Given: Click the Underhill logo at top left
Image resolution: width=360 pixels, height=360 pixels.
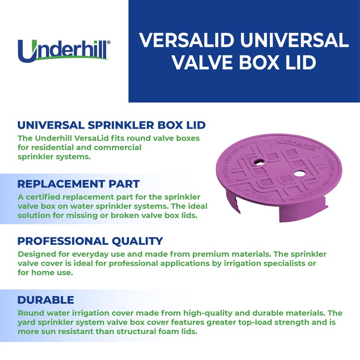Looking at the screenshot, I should click(x=63, y=50).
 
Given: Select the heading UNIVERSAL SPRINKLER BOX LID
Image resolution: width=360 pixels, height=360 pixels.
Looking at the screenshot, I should click(x=112, y=125).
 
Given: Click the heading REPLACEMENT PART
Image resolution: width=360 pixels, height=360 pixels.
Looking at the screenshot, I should click(x=78, y=184).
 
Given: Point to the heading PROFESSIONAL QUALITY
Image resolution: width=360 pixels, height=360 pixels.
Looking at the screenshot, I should click(x=90, y=241).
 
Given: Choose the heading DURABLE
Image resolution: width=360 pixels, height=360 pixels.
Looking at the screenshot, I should click(x=45, y=299).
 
